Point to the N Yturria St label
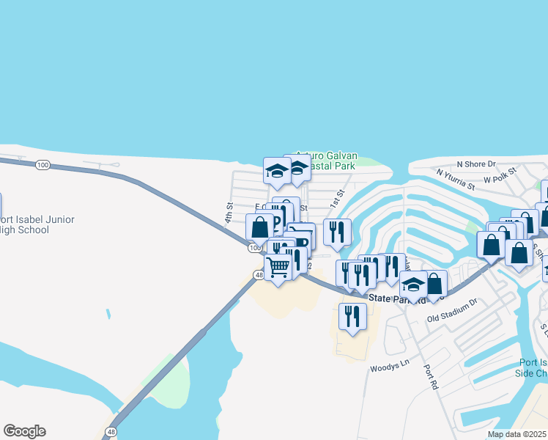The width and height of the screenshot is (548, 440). pos(455,179)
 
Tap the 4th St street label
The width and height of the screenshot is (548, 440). pos(229,213)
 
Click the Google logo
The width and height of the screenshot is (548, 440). pos(24,431)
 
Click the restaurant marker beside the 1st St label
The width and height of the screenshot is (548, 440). pos(337,231)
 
